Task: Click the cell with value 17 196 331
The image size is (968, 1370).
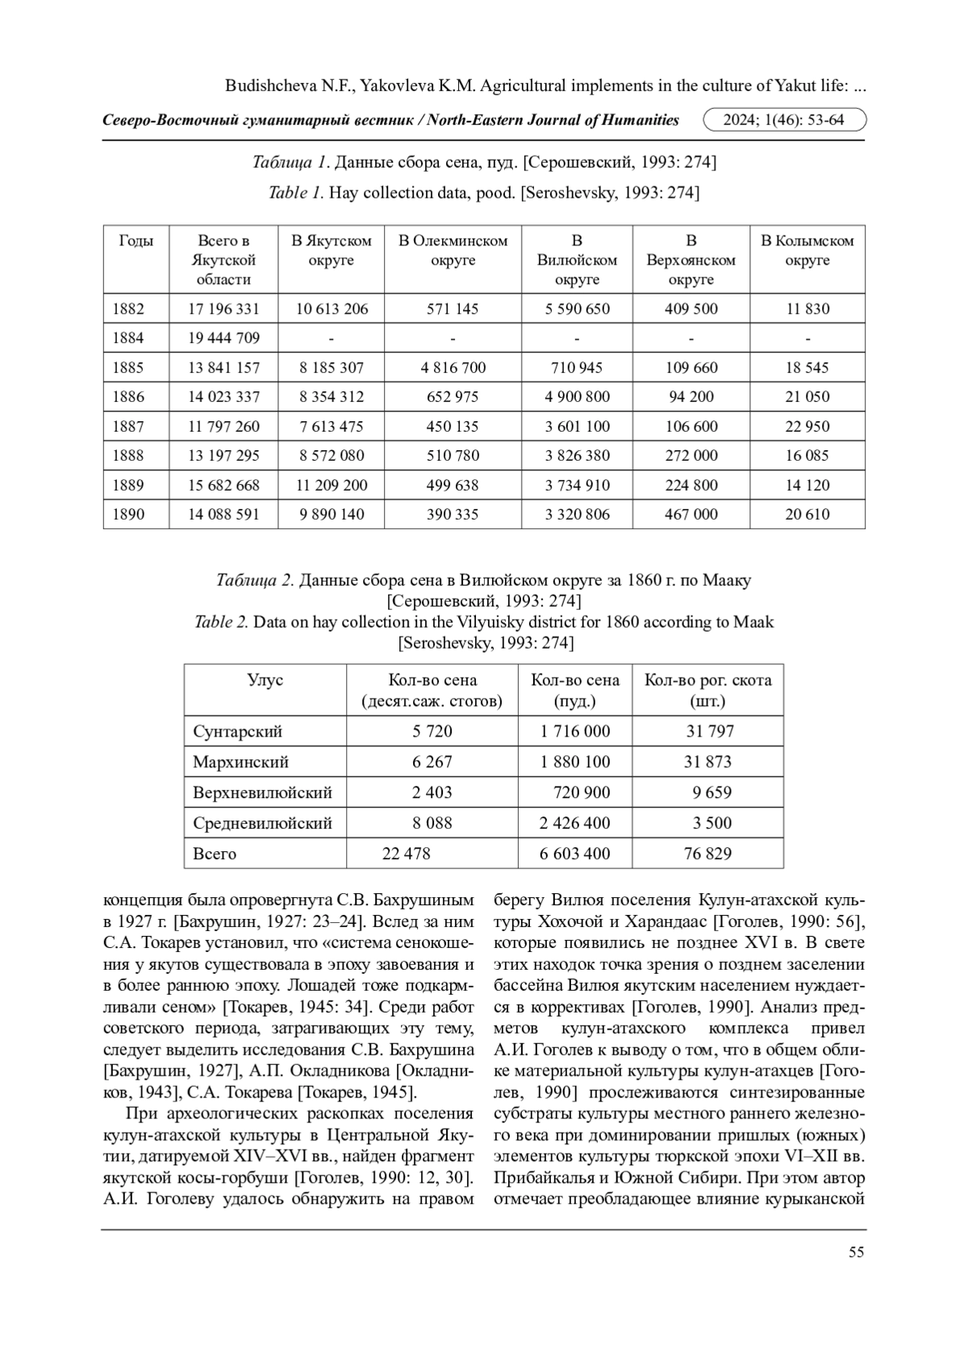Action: tap(223, 309)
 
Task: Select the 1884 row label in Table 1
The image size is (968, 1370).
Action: tap(129, 338)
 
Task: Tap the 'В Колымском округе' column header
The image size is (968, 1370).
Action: tap(807, 250)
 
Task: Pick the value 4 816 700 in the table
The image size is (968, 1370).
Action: tap(453, 368)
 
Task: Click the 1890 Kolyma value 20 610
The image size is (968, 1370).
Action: tap(807, 515)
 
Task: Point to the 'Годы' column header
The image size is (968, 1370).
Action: tap(136, 240)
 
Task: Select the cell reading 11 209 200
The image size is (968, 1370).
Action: tap(332, 486)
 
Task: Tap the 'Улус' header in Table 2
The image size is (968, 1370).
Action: tap(265, 680)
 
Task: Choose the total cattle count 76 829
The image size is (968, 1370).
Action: tap(707, 854)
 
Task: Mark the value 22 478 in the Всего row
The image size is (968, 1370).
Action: tap(406, 854)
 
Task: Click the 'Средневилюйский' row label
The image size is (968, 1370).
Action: tap(262, 823)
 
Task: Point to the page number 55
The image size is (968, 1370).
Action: tap(856, 1252)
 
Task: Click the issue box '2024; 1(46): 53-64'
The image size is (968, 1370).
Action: tap(784, 120)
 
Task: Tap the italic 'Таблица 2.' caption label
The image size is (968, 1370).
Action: tap(254, 580)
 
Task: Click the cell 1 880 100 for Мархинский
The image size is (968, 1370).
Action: tap(575, 762)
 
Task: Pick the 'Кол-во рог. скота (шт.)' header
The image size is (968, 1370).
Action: tap(707, 690)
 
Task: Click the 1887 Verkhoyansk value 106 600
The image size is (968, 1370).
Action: tap(691, 427)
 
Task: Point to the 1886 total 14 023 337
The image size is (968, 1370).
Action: tap(223, 397)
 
